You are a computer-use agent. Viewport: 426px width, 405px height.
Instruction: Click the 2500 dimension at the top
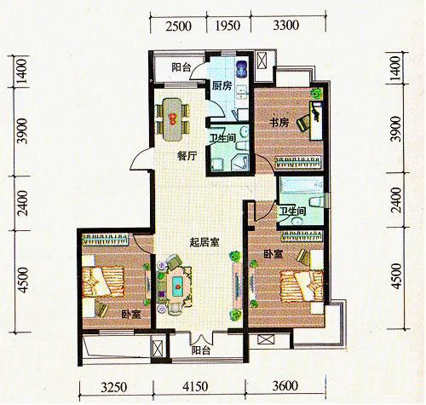pyautogui.click(x=178, y=26)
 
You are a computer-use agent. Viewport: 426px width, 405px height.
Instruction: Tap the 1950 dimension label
pyautogui.click(x=227, y=26)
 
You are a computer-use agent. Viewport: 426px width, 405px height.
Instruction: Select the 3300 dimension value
pyautogui.click(x=286, y=26)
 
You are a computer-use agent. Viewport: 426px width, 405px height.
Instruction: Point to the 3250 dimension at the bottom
pyautogui.click(x=114, y=387)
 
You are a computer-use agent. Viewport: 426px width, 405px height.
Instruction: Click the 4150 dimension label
pyautogui.click(x=195, y=386)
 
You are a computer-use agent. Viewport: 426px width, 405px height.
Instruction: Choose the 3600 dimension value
pyautogui.click(x=285, y=386)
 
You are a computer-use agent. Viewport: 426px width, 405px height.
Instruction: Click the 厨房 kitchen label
pyautogui.click(x=222, y=85)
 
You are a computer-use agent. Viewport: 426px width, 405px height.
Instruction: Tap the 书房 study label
pyautogui.click(x=279, y=123)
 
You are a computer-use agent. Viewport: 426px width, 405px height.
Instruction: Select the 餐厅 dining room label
pyautogui.click(x=187, y=156)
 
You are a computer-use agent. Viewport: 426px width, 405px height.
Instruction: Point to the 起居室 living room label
pyautogui.click(x=204, y=242)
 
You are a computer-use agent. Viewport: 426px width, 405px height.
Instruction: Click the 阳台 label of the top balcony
pyautogui.click(x=181, y=67)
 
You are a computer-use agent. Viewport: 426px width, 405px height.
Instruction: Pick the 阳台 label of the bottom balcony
pyautogui.click(x=201, y=350)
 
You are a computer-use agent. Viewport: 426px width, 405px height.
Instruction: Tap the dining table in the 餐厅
pyautogui.click(x=172, y=119)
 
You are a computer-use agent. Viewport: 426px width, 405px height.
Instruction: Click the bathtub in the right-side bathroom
pyautogui.click(x=302, y=185)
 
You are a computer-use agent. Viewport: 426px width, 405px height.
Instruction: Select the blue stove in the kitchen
pyautogui.click(x=242, y=69)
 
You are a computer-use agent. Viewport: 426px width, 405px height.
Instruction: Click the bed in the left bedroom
pyautogui.click(x=103, y=281)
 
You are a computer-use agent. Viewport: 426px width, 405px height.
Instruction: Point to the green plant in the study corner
pyautogui.click(x=317, y=93)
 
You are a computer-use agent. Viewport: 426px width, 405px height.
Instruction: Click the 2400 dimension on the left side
pyautogui.click(x=24, y=203)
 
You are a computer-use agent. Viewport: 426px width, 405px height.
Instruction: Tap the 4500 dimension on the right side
pyautogui.click(x=397, y=276)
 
